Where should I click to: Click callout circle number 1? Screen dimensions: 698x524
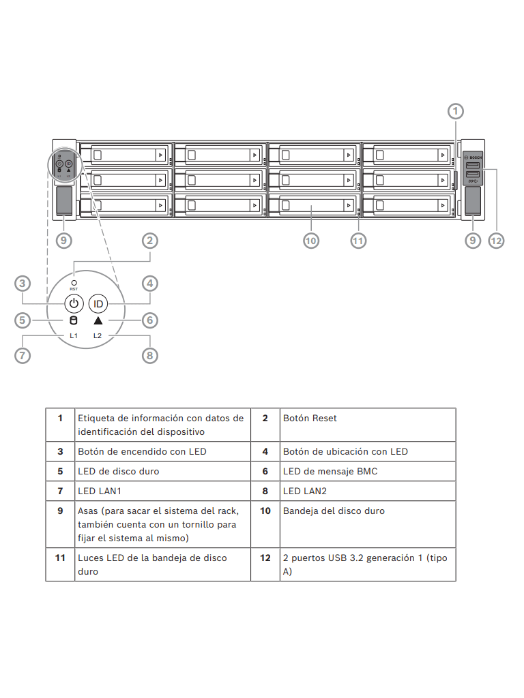point(456,110)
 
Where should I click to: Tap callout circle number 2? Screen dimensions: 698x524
point(150,240)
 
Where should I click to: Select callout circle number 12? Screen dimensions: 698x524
point(496,240)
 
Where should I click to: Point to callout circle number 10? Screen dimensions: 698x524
point(311,240)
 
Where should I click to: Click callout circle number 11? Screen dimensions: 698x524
point(358,240)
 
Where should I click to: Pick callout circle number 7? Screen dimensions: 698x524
point(23,355)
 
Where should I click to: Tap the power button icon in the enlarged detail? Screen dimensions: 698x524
point(74,303)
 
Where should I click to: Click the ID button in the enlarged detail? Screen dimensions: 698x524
point(98,303)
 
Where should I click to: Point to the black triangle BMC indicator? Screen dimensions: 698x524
point(98,320)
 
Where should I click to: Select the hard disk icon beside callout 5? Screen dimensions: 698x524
point(74,320)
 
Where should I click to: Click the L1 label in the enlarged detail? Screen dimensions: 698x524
point(73,336)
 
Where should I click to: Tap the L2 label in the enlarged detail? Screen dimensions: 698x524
point(98,336)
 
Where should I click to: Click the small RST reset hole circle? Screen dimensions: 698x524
point(74,282)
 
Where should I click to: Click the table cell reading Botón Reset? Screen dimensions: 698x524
point(310,419)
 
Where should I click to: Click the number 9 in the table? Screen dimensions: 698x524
point(60,511)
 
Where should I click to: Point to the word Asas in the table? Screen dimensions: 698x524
point(89,511)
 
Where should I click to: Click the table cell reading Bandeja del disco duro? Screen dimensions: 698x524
point(334,511)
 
